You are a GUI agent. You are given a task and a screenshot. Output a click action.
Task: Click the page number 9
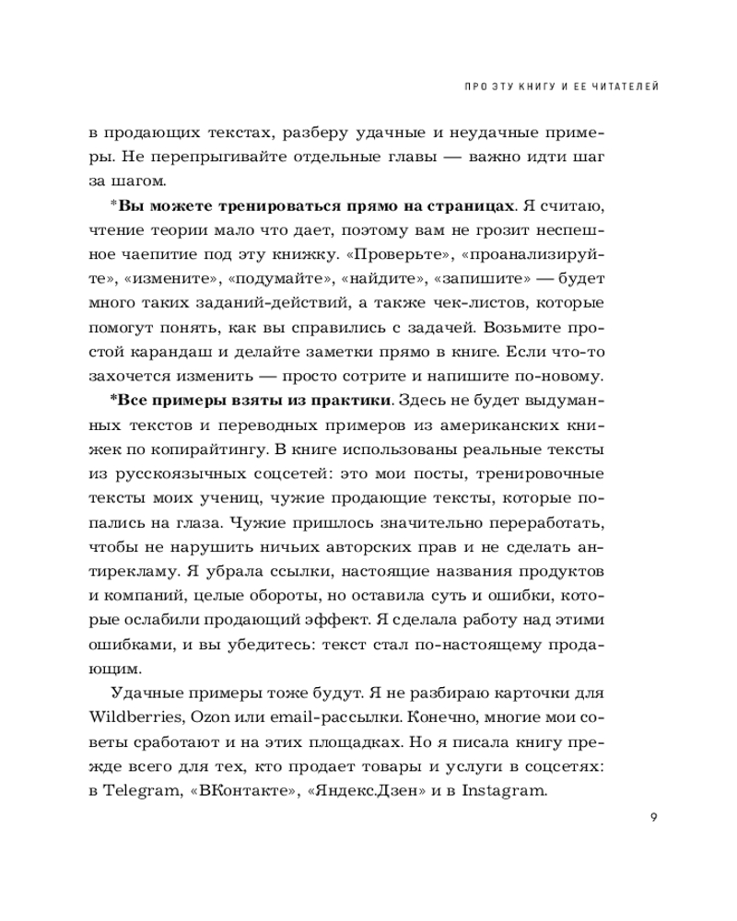(x=651, y=815)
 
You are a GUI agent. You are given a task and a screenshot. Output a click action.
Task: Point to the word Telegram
(x=138, y=790)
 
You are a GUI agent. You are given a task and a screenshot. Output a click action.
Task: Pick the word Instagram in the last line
(x=504, y=790)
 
